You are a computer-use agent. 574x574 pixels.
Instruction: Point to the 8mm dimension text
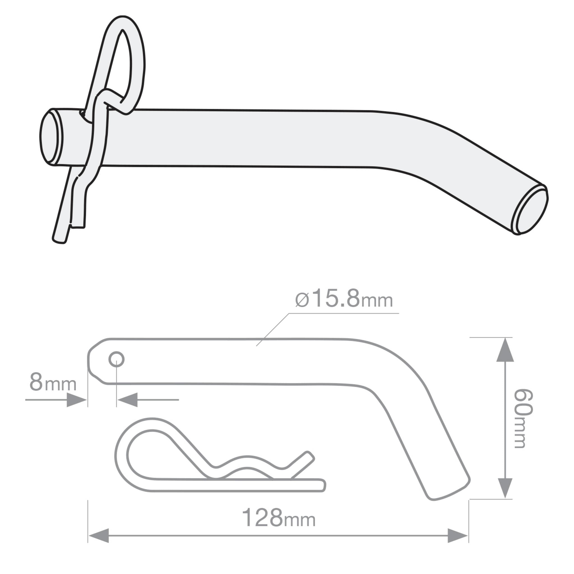[53, 383]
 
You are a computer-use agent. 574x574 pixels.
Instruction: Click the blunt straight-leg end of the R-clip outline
[323, 485]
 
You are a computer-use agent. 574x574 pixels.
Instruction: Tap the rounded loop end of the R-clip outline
[122, 455]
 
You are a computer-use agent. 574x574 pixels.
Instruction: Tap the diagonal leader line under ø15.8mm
[272, 330]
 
